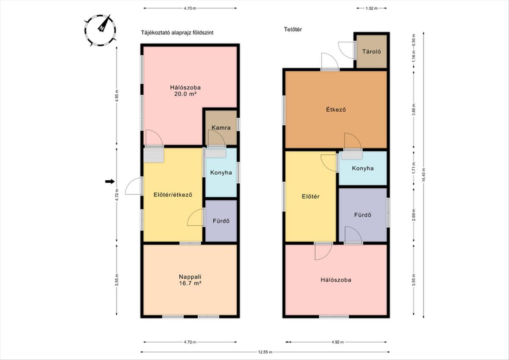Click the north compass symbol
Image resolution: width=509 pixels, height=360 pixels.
[x=101, y=31]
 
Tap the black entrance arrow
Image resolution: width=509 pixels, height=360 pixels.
[x=110, y=181]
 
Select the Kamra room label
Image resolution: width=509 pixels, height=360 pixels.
[x=221, y=128]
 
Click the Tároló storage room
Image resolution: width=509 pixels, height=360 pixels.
[x=372, y=51]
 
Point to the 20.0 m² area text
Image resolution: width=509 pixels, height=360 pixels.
[x=185, y=94]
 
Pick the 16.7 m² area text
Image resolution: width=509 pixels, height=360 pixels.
[x=190, y=283]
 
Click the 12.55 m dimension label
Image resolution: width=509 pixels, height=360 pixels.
[x=265, y=352]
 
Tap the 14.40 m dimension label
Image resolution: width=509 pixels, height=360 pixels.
[x=424, y=175]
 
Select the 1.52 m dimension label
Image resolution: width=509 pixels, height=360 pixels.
[x=372, y=8]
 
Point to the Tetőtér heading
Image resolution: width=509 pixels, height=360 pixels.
[x=293, y=29]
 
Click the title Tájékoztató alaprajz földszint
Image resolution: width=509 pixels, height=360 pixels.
[x=177, y=33]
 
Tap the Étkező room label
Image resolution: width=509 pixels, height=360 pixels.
[x=336, y=109]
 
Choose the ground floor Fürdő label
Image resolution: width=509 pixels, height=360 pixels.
[x=221, y=221]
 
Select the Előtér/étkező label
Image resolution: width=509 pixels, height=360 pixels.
[x=173, y=195]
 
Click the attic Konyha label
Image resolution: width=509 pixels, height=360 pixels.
[x=363, y=168]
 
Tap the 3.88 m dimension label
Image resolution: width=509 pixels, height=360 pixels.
[x=414, y=110]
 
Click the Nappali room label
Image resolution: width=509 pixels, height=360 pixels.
[x=190, y=277]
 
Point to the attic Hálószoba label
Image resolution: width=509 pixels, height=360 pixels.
[x=336, y=280]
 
